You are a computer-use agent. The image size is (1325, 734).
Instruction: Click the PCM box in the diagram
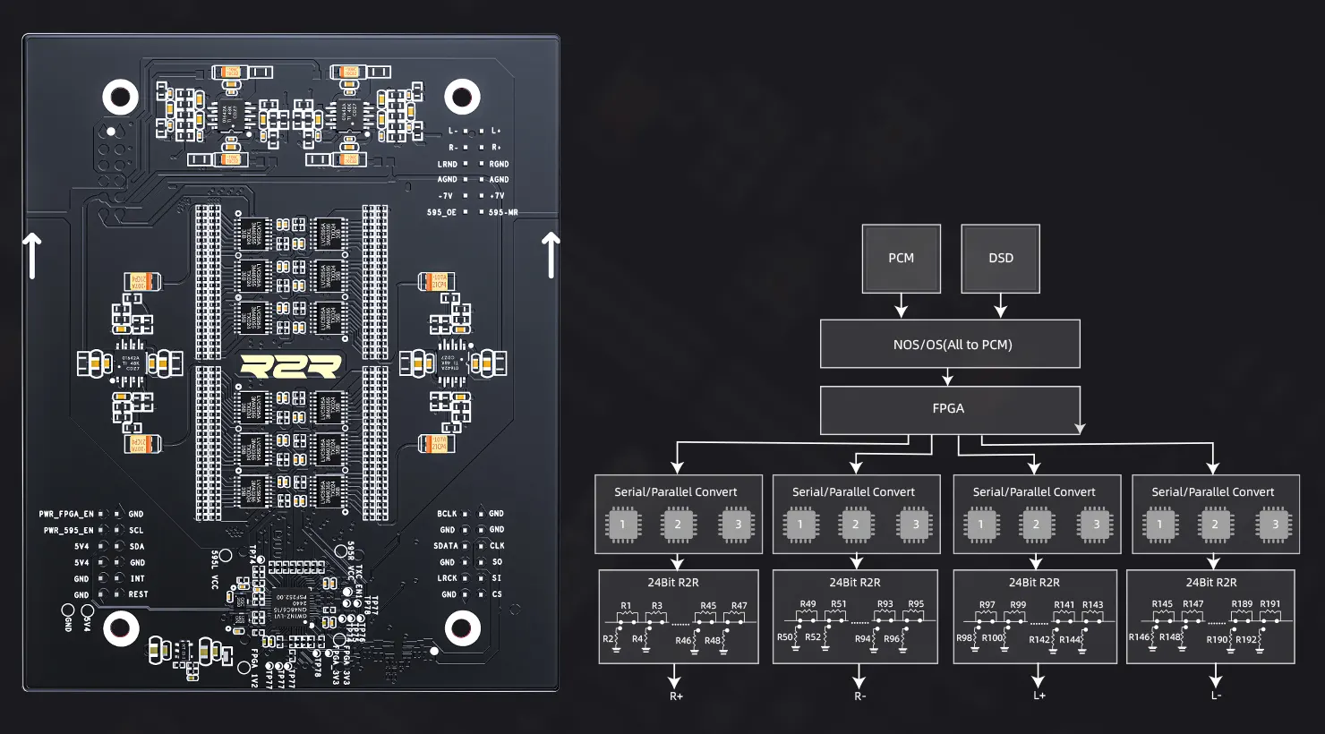coord(901,258)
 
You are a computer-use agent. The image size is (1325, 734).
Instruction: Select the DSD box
coord(1000,258)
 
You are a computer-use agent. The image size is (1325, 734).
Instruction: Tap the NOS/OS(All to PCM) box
coord(950,345)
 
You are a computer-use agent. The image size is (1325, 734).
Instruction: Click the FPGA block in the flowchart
coord(949,409)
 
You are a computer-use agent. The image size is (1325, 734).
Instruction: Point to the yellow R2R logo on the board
coord(291,366)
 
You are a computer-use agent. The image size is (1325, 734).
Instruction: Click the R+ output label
coord(676,696)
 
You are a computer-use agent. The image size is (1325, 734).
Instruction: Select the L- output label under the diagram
coord(1216,696)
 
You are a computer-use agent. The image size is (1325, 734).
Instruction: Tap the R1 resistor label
coord(626,606)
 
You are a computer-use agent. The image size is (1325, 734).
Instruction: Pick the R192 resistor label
coord(1246,639)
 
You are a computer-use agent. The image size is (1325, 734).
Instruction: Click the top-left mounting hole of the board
coord(121,97)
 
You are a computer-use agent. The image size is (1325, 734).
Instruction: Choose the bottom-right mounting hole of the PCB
coord(462,627)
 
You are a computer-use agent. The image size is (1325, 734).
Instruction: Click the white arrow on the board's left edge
coord(32,255)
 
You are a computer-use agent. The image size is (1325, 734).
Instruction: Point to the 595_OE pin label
coord(441,212)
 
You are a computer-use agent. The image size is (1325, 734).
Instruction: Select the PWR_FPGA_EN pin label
coord(66,515)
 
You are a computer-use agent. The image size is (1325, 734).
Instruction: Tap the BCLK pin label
coord(447,514)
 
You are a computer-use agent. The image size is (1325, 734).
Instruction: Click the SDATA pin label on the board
coord(446,546)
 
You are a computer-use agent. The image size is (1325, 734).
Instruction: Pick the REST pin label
coord(138,594)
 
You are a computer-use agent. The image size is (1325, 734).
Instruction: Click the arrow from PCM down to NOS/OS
coord(901,306)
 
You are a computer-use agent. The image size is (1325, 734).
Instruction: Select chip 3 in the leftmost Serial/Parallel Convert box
coord(738,524)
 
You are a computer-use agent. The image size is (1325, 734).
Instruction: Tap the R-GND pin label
coord(499,164)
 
